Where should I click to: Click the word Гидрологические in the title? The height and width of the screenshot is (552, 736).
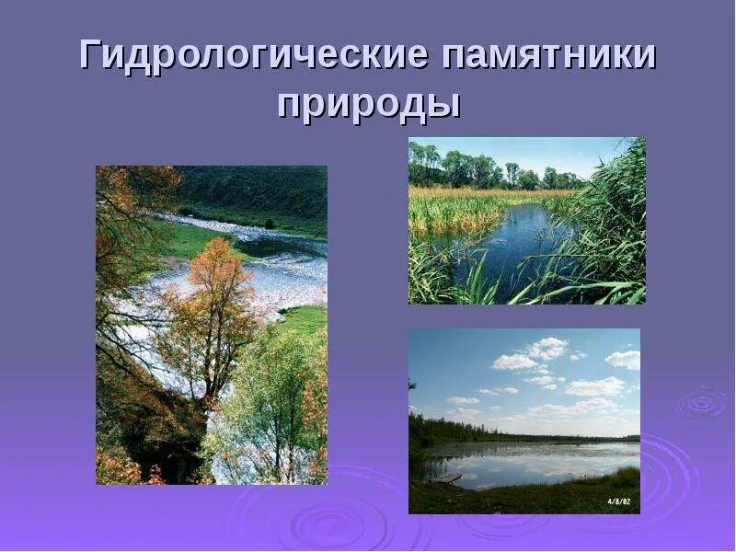254,56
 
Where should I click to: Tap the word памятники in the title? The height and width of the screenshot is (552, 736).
550,56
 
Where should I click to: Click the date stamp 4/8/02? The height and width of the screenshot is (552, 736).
617,500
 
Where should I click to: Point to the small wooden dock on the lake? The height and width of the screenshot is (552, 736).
446,478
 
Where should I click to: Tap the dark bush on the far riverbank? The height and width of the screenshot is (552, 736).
269,223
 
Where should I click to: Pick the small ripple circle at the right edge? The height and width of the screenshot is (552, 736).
701,402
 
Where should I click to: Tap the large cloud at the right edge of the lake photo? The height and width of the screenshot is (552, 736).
625,359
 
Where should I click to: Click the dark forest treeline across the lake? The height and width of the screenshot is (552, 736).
515,434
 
